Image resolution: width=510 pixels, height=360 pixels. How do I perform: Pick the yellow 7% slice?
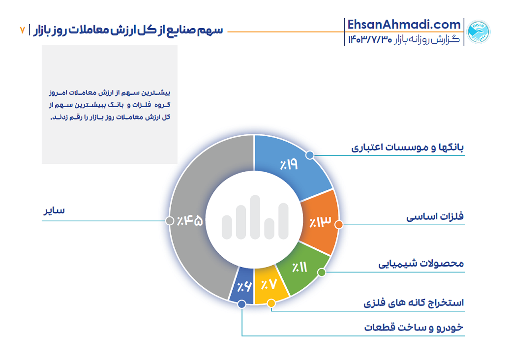269,285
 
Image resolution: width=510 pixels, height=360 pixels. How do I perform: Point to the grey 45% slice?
192,221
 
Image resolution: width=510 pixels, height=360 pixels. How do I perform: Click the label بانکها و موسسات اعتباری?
408,147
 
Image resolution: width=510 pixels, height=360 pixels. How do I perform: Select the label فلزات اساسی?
435,217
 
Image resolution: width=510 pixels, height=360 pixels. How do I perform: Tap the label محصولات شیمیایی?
421,264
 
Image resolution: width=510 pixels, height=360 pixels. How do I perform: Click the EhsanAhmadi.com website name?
404,25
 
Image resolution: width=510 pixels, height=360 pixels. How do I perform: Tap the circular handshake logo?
478,32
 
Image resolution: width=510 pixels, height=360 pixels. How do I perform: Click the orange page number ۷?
22,30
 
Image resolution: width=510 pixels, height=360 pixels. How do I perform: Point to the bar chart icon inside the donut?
255,218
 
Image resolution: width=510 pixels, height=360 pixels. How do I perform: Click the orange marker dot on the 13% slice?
338,225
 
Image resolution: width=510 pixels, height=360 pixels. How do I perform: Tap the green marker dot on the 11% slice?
321,272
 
